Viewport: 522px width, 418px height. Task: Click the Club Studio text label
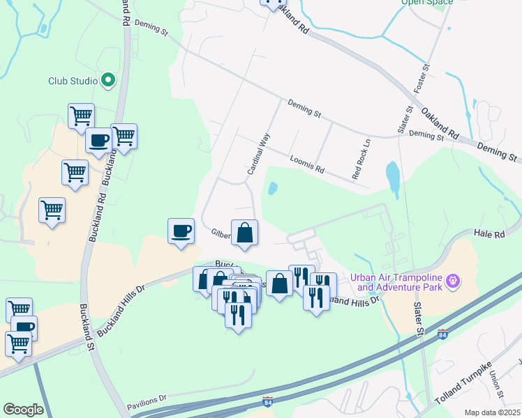click(x=73, y=81)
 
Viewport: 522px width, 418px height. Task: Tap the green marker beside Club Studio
click(x=108, y=81)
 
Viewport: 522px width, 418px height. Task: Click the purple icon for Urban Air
click(x=454, y=281)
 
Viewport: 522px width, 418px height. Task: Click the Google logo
click(x=23, y=410)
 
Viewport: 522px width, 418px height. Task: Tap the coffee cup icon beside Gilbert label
click(x=181, y=231)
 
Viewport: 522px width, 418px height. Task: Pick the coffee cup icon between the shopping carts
click(x=99, y=141)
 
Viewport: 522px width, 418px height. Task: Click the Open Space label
click(x=426, y=2)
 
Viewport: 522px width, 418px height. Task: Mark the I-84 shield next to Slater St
click(x=442, y=334)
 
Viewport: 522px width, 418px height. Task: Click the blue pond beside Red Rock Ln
click(x=393, y=177)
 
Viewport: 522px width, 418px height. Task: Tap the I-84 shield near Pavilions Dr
click(x=268, y=402)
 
